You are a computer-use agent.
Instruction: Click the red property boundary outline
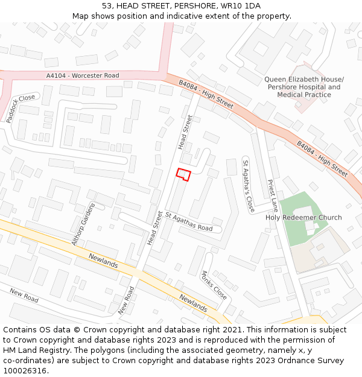183,174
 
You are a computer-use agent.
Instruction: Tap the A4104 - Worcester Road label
83,75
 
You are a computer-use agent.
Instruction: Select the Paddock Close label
21,108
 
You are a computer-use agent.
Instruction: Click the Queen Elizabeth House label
304,80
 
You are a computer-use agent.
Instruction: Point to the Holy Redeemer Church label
303,218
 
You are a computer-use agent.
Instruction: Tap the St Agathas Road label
189,221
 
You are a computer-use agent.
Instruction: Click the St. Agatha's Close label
249,186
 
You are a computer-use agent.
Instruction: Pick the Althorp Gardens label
83,224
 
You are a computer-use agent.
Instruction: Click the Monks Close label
214,285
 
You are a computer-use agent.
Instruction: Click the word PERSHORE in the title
192,5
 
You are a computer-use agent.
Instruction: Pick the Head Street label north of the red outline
185,132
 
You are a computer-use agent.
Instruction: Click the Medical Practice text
304,95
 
